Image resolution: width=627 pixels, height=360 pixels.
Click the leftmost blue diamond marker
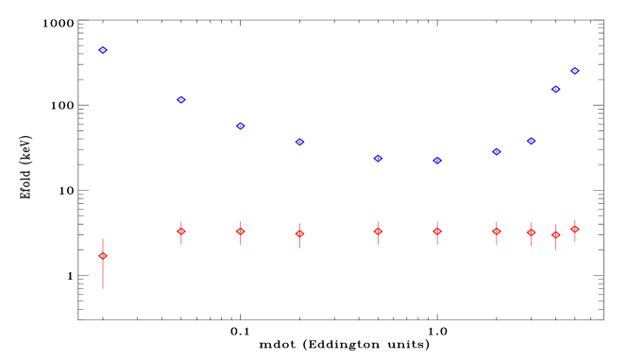point(103,50)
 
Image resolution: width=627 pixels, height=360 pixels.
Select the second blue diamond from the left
point(181,99)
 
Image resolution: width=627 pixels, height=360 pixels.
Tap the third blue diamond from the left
point(241,126)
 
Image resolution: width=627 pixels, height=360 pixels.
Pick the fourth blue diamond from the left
point(299,142)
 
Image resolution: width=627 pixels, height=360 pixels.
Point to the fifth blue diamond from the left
point(378,158)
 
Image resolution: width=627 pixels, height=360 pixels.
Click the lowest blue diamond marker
point(437,161)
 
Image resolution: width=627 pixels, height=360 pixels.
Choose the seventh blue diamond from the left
point(496,151)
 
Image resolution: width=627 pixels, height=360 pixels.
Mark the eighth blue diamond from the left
point(531,141)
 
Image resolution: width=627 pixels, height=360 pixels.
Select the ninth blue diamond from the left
point(556,89)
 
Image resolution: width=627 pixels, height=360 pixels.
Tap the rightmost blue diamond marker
point(574,71)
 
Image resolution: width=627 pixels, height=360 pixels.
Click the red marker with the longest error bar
point(103,256)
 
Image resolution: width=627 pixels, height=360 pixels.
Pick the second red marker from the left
point(181,231)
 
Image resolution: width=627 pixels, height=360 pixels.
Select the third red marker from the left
point(241,231)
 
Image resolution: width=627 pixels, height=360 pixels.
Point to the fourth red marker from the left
point(299,233)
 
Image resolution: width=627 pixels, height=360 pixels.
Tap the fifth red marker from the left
point(378,231)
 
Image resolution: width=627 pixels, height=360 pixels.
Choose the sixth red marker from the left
point(437,231)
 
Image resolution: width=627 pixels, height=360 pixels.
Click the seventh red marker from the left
point(496,231)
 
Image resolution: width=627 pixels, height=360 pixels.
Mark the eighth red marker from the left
point(531,231)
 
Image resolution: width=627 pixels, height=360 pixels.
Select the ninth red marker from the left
point(556,234)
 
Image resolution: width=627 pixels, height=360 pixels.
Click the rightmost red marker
point(574,229)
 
